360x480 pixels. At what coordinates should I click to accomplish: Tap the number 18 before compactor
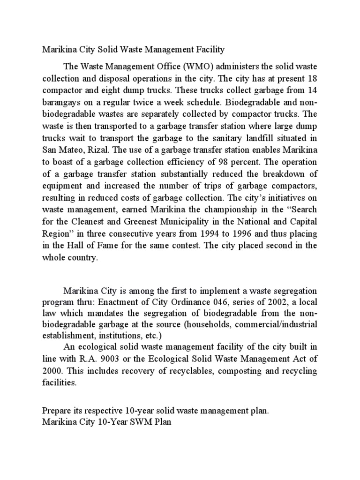[x=312, y=78]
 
